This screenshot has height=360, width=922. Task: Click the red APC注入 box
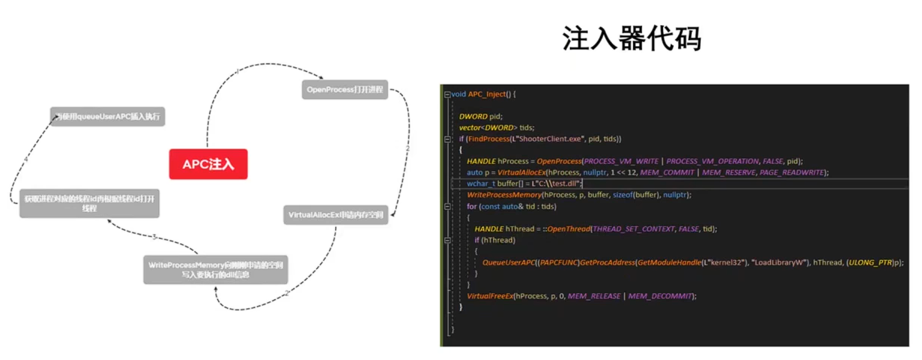(208, 164)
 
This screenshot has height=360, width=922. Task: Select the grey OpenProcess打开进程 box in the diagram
(344, 90)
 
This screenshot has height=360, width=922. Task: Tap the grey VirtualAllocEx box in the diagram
(335, 215)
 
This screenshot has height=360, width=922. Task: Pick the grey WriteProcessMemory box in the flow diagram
(216, 270)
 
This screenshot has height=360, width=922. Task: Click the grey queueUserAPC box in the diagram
(107, 117)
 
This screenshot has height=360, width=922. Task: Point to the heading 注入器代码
(631, 39)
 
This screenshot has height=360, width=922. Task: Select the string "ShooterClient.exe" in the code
(548, 139)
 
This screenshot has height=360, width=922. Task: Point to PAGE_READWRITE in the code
(792, 172)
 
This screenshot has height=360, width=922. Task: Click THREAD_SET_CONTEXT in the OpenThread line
(634, 229)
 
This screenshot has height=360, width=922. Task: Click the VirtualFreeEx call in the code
(490, 296)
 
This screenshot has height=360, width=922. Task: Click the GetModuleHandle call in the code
(669, 263)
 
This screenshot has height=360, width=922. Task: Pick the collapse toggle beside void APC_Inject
(447, 94)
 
